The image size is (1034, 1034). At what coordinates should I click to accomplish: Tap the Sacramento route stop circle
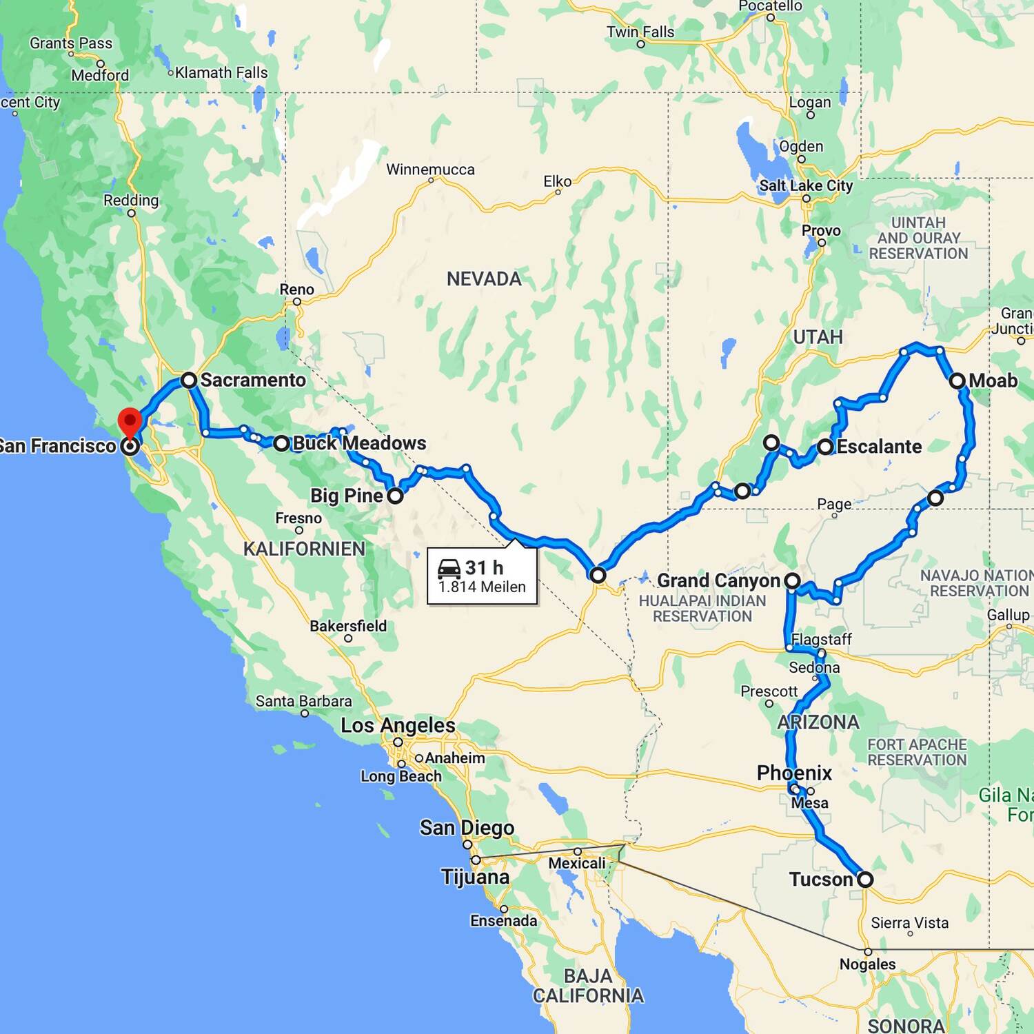pos(189,380)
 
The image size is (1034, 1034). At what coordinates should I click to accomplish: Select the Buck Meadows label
pos(359,443)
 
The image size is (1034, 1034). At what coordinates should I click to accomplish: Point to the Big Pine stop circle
pos(395,496)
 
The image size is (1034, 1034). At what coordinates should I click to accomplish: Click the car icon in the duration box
pos(449,569)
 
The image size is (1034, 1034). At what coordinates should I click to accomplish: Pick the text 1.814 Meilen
pos(482,587)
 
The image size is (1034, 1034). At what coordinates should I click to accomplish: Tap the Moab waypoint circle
pos(957,381)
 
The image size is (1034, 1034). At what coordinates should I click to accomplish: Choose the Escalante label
pos(879,447)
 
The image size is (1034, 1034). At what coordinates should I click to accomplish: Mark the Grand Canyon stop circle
pos(793,581)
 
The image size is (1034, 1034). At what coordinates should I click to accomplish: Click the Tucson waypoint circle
pos(865,880)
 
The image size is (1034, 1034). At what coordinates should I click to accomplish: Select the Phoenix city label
pos(794,773)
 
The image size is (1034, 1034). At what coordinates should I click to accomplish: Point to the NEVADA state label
pos(484,279)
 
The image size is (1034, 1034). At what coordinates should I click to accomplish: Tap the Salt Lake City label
pos(806,185)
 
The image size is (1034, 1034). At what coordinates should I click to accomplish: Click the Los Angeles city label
pos(398,725)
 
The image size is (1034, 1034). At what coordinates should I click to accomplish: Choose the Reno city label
pos(296,290)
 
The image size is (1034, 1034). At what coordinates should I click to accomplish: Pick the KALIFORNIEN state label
pos(304,549)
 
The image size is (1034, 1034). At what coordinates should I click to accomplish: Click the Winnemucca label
pos(430,170)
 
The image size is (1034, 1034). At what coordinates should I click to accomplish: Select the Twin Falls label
pos(640,32)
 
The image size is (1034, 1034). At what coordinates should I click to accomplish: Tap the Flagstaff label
pos(821,639)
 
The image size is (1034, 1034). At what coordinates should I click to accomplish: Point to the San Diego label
pos(467,827)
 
